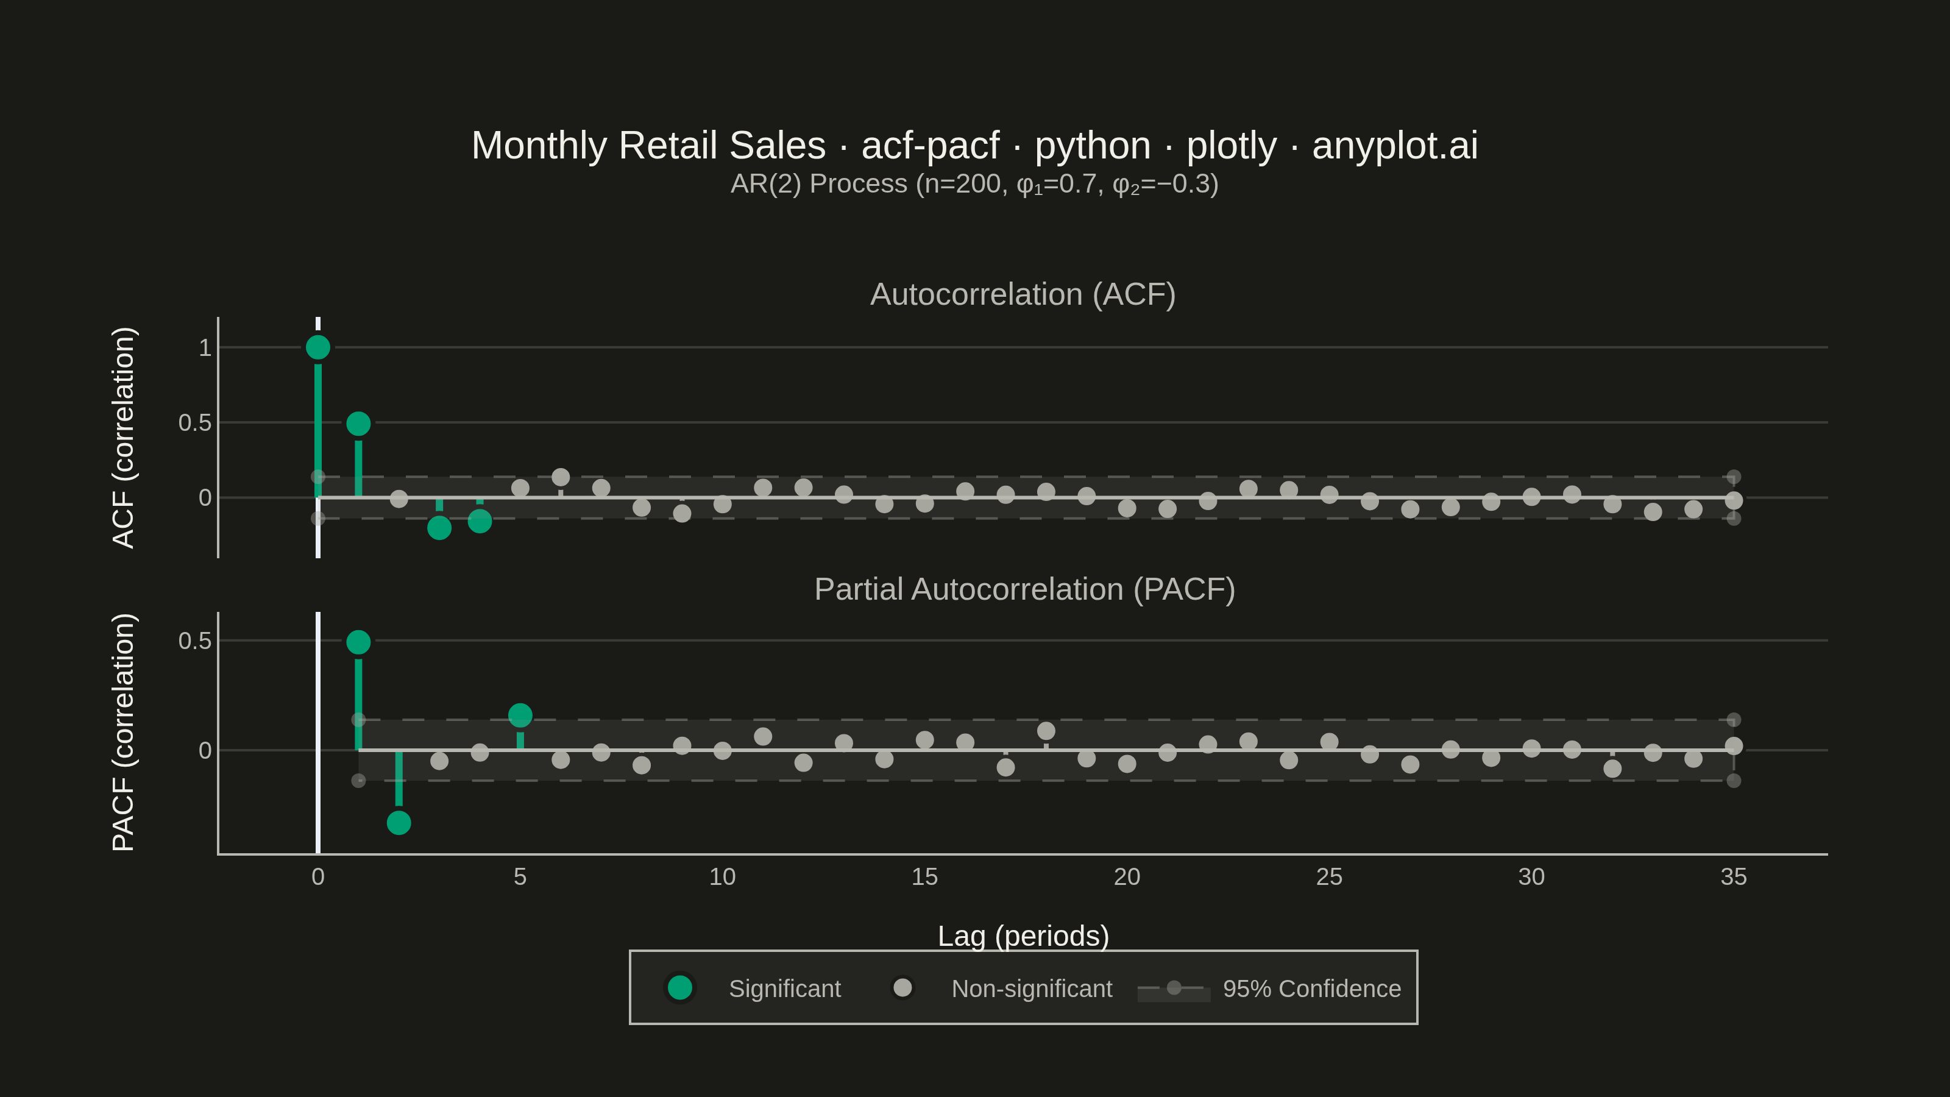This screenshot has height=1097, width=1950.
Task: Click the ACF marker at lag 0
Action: tap(318, 347)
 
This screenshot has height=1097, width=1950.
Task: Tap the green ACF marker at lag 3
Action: tap(439, 528)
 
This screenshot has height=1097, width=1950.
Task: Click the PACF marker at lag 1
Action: tap(358, 642)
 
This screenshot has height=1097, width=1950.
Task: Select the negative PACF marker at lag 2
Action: tap(399, 823)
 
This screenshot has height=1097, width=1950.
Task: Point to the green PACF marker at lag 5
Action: tap(520, 715)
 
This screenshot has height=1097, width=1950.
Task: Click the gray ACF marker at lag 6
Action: tap(561, 477)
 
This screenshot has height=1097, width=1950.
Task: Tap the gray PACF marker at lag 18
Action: tap(1046, 731)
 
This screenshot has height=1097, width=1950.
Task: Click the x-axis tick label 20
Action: tap(1127, 877)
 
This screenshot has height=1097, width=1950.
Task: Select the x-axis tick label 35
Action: tap(1734, 877)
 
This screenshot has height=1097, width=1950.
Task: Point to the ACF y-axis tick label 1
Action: tap(204, 347)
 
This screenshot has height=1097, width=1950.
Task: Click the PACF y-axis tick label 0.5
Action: tap(194, 641)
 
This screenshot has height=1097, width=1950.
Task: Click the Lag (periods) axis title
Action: tap(1024, 935)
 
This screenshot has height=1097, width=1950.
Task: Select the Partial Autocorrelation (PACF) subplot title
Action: tap(1024, 589)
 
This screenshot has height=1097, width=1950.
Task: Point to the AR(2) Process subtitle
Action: tap(974, 184)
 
